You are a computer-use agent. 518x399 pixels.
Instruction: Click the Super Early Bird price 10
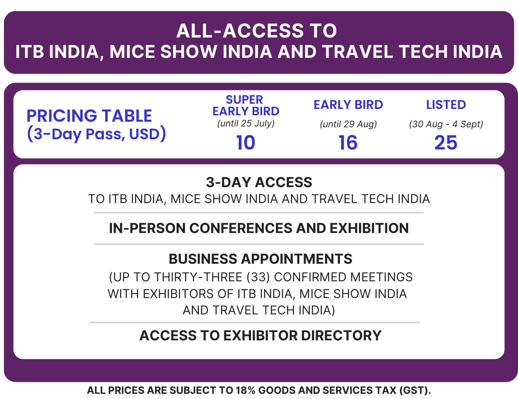click(245, 142)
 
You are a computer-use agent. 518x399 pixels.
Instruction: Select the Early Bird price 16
click(348, 142)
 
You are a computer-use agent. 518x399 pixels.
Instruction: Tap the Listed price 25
click(445, 142)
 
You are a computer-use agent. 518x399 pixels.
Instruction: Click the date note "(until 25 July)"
click(246, 123)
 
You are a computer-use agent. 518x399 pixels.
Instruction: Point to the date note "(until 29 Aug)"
click(348, 124)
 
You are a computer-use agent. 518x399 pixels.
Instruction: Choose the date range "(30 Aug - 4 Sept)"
click(446, 124)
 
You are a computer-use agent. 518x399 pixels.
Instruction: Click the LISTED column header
click(446, 105)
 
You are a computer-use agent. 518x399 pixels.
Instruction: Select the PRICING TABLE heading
click(89, 116)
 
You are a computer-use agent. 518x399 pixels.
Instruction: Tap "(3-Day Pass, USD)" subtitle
click(96, 134)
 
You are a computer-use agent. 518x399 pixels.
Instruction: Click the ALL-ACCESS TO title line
click(257, 31)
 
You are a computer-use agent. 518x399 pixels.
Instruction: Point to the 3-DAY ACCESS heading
click(259, 182)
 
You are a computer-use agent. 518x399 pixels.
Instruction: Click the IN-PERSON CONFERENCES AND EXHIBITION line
click(259, 228)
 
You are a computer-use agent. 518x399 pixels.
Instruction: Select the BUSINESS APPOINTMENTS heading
click(260, 259)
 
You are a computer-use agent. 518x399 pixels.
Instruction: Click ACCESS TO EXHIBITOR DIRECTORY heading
click(260, 336)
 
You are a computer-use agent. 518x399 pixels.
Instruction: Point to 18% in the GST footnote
click(245, 390)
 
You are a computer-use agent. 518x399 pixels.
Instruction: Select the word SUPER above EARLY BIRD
click(244, 99)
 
